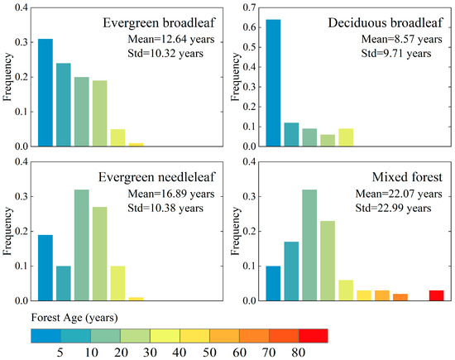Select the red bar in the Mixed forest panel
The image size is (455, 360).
click(x=436, y=295)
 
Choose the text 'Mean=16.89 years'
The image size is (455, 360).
click(x=170, y=193)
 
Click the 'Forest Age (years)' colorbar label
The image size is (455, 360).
click(x=69, y=315)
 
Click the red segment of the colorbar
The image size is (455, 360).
click(x=313, y=335)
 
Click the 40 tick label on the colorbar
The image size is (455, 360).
click(x=180, y=352)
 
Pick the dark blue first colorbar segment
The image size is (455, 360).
click(x=45, y=335)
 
